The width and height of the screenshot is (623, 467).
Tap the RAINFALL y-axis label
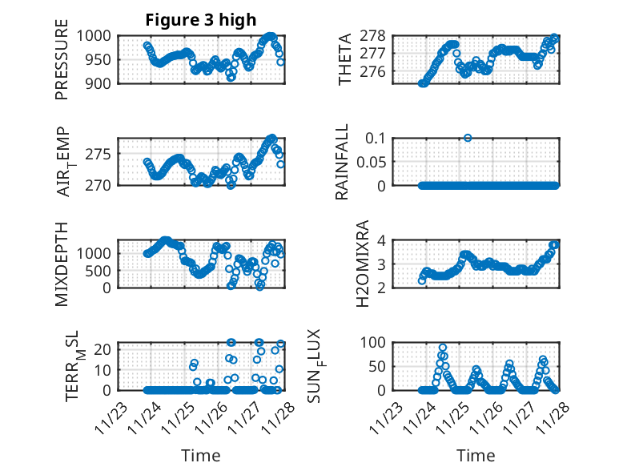[342, 162]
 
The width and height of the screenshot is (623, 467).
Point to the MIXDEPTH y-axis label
[62, 264]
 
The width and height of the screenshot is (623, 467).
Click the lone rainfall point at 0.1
[468, 138]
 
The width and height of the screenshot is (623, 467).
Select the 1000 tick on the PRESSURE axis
[98, 36]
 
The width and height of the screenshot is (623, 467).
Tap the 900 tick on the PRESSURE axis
[101, 83]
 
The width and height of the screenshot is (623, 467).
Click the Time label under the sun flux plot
[476, 455]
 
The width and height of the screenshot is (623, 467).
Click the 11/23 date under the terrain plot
[111, 417]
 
